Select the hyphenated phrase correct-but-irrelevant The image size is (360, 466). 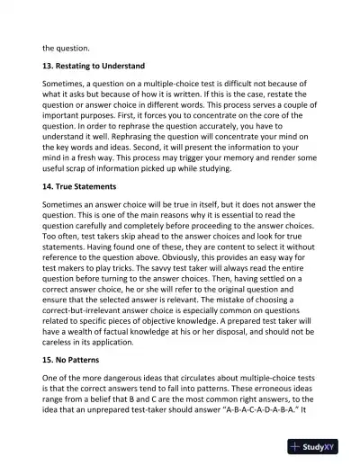coord(96,337)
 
